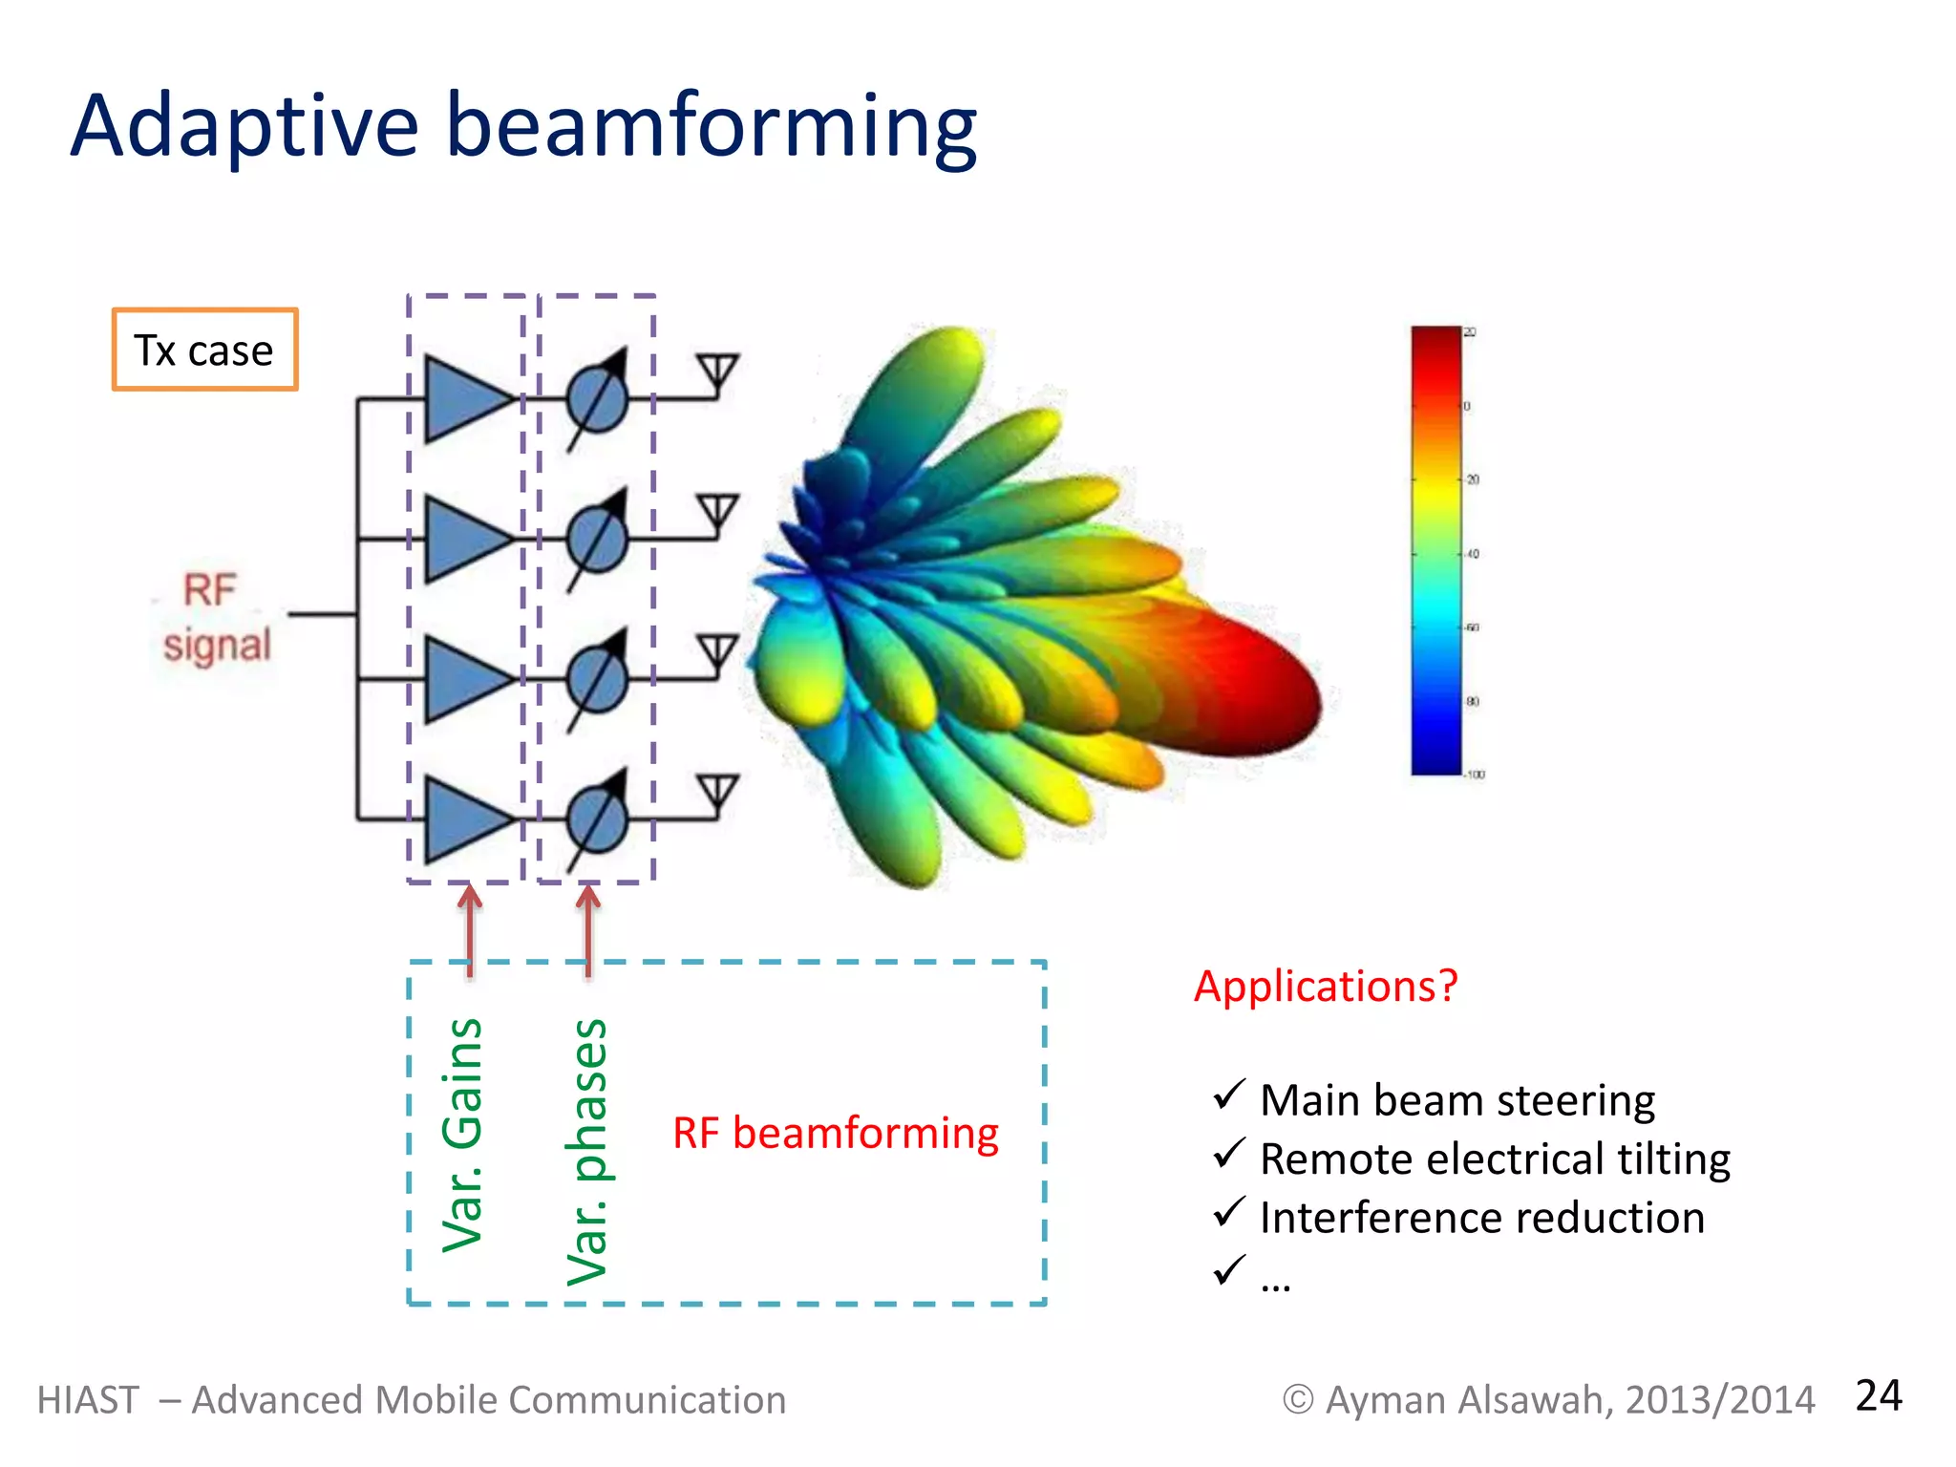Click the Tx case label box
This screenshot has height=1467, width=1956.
[204, 350]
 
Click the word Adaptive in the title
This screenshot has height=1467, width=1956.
[244, 126]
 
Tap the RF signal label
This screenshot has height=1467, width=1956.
[216, 618]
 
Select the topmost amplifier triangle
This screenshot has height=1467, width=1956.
[462, 399]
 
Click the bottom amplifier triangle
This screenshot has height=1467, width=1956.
[462, 819]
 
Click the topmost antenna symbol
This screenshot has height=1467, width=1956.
[717, 371]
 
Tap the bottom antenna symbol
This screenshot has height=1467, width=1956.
[717, 792]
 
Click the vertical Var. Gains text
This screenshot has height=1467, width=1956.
[463, 1135]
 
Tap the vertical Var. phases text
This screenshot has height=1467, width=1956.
[586, 1152]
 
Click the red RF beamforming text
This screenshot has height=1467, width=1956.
[836, 1134]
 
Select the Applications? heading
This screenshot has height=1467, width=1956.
[1326, 986]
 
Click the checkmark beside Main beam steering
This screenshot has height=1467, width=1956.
[1228, 1095]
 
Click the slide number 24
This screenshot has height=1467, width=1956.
[1878, 1395]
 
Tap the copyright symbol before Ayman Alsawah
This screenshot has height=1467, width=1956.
[1298, 1400]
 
